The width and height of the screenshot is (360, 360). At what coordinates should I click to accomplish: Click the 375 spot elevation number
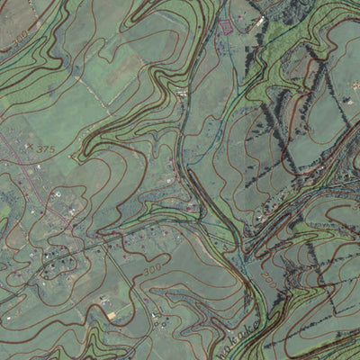(x=46, y=148)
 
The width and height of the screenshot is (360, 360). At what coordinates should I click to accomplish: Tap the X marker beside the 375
(x=30, y=147)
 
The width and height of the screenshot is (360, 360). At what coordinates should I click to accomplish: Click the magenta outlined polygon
(x=225, y=24)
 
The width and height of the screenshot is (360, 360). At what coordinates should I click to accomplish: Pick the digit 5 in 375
(x=52, y=148)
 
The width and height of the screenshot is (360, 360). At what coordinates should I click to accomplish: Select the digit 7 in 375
(x=46, y=148)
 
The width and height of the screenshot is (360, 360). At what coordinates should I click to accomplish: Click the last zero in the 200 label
(x=270, y=282)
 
